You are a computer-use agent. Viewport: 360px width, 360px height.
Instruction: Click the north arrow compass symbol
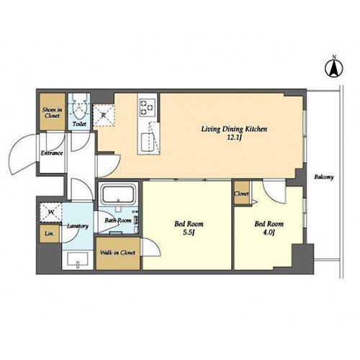[x=334, y=67]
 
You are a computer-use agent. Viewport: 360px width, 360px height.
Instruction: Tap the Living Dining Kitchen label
[x=234, y=129]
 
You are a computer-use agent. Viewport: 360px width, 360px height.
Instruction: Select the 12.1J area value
[x=234, y=138]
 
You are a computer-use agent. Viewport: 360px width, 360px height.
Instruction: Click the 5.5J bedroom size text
[x=189, y=233]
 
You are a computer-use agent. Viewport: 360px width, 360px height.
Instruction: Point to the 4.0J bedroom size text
[x=269, y=233]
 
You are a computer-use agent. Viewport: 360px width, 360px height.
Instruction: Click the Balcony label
[x=324, y=177]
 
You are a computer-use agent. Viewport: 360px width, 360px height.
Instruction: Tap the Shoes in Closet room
[x=53, y=112]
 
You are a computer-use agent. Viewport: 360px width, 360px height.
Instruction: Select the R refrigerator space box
[x=104, y=115]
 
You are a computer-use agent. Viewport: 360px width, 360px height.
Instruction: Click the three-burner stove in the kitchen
[x=148, y=108]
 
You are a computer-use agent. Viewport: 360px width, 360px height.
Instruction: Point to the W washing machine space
[x=50, y=212]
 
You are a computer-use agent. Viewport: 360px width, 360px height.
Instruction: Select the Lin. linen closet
[x=50, y=233]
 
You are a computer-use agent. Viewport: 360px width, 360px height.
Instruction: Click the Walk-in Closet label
[x=117, y=253]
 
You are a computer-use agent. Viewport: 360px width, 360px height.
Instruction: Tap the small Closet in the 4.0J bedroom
[x=242, y=193]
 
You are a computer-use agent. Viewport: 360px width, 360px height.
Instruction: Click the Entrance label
[x=52, y=153]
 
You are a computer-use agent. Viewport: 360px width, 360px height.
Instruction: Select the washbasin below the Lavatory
[x=78, y=259]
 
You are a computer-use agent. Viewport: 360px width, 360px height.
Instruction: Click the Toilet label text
[x=79, y=124]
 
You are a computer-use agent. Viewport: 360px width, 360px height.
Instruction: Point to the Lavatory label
[x=78, y=226]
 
